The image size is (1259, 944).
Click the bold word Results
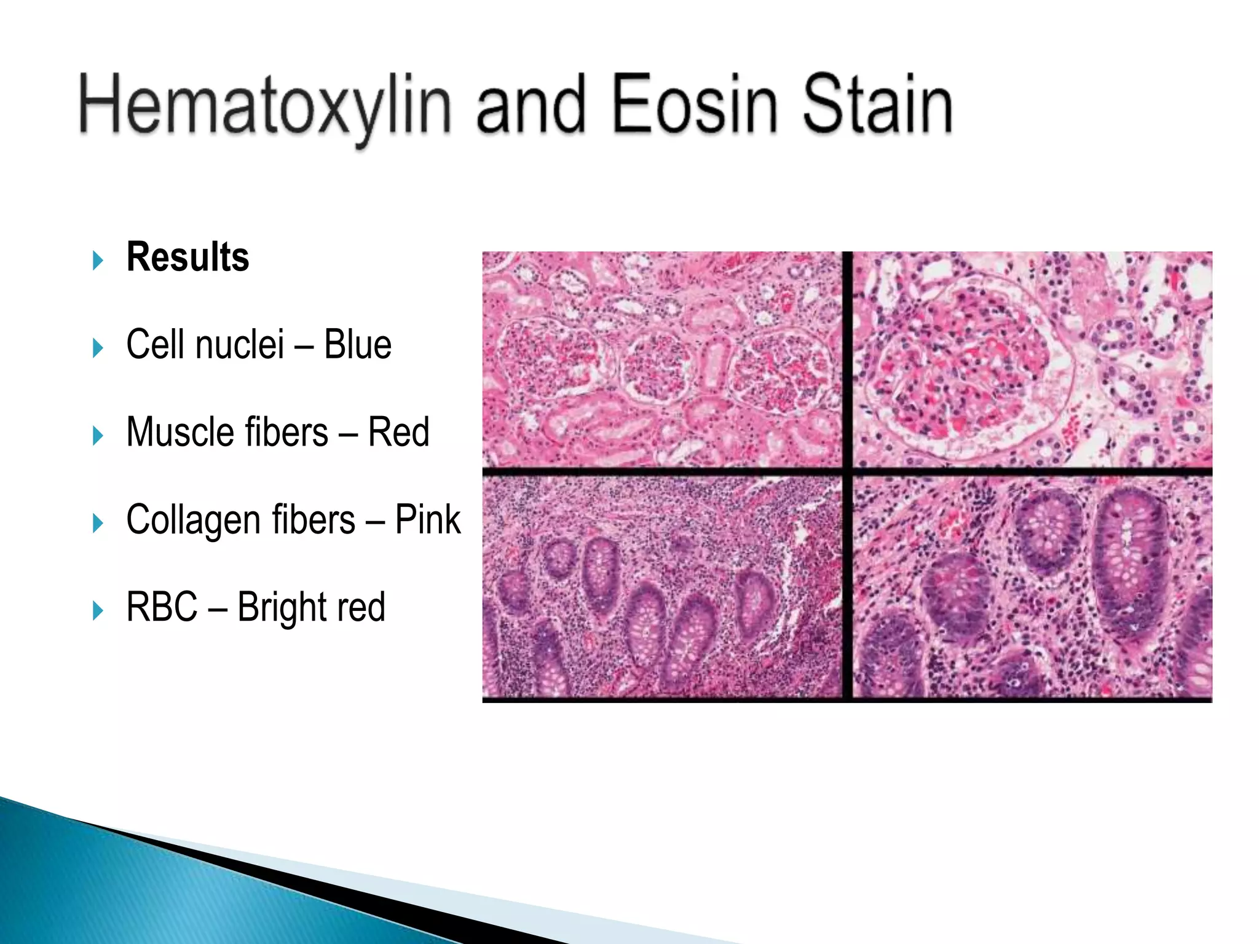click(187, 257)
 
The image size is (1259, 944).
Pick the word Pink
click(427, 519)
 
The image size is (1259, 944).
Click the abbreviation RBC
click(162, 607)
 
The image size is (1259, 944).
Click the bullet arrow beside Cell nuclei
click(98, 348)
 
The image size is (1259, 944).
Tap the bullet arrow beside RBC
click(98, 611)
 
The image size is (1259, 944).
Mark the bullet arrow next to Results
click(98, 261)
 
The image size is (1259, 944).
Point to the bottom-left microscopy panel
click(661, 588)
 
